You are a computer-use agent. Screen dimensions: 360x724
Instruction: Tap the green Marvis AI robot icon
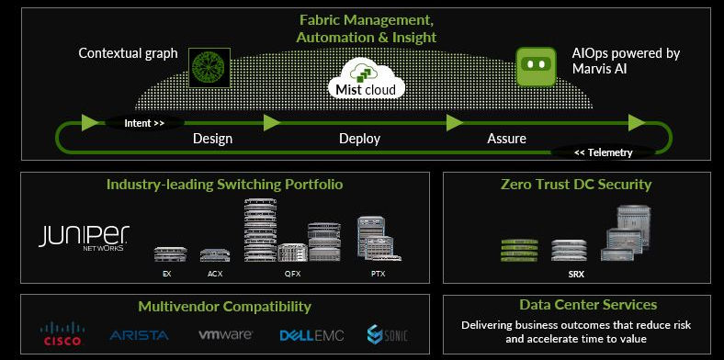coord(536,66)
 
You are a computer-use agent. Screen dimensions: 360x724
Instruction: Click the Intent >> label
coord(144,122)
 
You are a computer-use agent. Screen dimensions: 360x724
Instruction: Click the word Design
coord(212,139)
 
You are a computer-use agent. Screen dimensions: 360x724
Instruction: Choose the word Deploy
coord(359,139)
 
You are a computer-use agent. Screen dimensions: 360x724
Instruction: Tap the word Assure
coord(506,139)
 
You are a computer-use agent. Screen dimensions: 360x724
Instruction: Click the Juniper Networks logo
coord(84,237)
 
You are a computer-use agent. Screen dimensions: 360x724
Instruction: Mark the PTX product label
coord(377,274)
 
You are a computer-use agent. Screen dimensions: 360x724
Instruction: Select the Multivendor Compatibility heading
coord(224,307)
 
